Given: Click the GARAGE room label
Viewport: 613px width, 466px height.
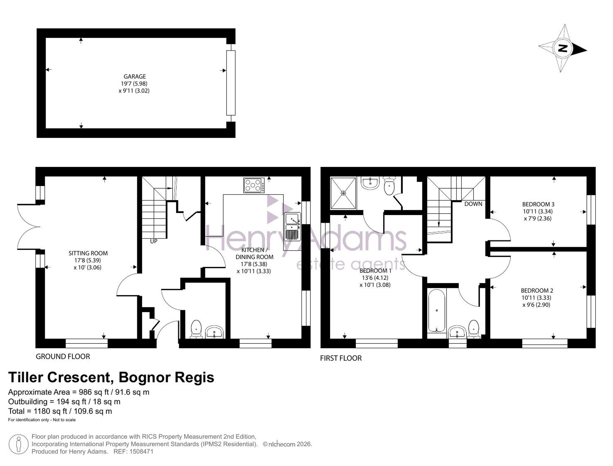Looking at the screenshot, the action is (135, 77).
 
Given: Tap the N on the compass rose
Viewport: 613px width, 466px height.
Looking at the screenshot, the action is (563, 48).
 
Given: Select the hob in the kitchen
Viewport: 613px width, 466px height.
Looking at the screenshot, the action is (254, 185).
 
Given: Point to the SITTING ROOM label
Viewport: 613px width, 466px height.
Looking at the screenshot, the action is (88, 253).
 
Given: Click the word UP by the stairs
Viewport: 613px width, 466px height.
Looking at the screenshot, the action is (154, 241).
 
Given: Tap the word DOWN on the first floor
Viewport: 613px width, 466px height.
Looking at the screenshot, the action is (473, 204).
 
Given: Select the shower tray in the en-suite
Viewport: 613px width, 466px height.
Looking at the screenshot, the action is (343, 193).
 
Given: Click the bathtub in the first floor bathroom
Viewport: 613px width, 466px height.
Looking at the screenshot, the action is (436, 311).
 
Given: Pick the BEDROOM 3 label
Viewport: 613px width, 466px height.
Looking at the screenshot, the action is (538, 204).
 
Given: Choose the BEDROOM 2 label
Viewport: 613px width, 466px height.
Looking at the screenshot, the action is (537, 290).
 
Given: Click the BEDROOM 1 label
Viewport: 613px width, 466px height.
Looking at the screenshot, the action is (375, 271).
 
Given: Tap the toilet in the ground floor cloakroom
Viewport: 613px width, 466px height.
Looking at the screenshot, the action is (196, 329).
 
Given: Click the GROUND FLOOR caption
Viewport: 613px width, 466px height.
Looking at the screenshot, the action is (63, 357).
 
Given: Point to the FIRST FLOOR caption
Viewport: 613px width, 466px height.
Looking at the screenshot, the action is (341, 358).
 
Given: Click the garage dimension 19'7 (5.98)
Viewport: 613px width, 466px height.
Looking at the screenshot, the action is (134, 84).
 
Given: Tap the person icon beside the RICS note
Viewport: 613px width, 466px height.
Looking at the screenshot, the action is (19, 444).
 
